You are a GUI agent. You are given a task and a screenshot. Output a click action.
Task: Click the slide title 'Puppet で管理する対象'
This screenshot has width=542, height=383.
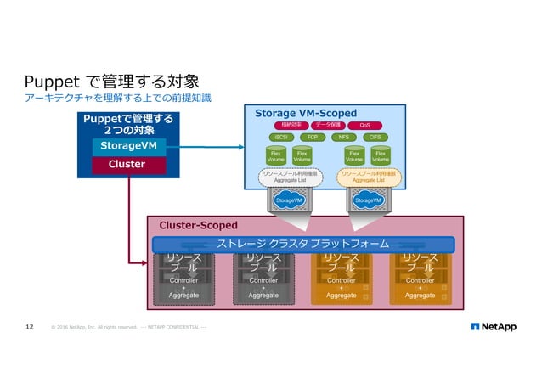(111, 82)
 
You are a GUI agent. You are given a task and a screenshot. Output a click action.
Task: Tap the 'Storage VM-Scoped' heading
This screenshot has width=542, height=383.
(306, 111)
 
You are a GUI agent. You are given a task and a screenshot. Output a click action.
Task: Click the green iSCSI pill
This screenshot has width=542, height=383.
(281, 137)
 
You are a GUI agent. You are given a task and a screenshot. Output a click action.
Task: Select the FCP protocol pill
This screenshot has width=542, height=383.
(313, 137)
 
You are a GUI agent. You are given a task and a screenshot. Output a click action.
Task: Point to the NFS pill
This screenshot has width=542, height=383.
(344, 137)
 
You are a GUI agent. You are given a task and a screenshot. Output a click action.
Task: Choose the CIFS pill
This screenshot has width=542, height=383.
(375, 137)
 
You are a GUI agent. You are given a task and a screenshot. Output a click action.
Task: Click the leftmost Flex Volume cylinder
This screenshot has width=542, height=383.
(275, 156)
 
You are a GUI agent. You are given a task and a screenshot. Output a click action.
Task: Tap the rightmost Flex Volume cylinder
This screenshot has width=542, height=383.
(381, 156)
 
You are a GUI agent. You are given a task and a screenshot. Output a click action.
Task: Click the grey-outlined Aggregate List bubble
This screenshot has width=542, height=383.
(290, 177)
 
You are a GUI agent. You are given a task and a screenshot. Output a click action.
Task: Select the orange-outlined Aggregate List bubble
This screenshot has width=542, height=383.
(368, 177)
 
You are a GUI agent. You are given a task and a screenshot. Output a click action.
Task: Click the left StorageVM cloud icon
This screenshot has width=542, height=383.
(290, 200)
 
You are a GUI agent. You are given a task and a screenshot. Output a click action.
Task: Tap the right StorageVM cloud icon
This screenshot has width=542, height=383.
(368, 200)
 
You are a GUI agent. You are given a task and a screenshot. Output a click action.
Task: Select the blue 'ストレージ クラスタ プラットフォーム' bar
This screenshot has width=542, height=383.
(303, 245)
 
